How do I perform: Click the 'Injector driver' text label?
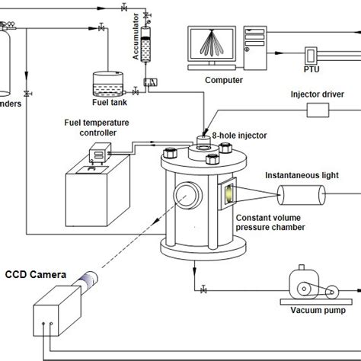tap(315, 96)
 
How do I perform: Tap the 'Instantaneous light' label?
tap(302, 174)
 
